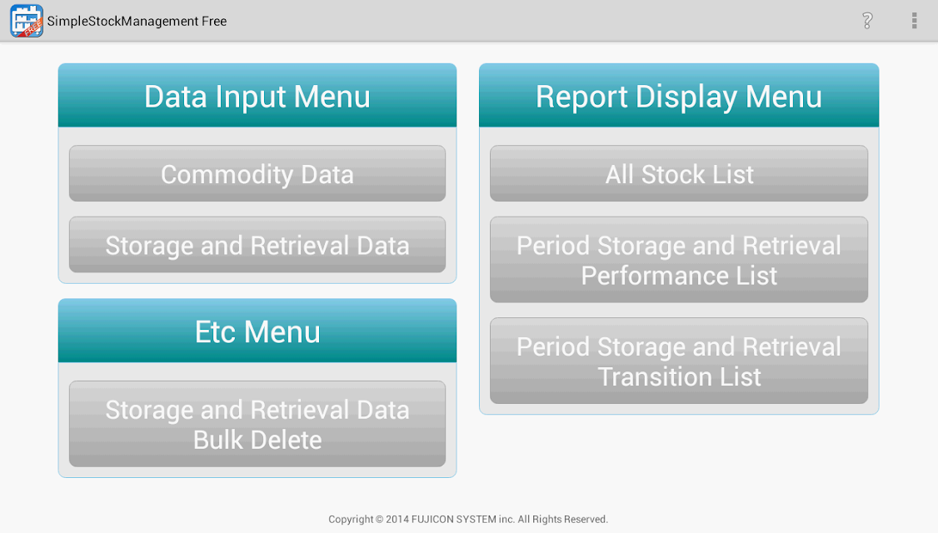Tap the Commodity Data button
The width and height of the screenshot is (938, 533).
[257, 173]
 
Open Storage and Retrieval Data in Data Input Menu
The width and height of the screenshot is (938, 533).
[257, 245]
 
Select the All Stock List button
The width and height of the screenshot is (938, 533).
[679, 173]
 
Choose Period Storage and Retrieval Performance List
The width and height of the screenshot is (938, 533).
[679, 260]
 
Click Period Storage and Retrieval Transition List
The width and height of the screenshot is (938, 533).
[679, 361]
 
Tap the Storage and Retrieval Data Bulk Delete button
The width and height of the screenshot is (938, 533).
[257, 424]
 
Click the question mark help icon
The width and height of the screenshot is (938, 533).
[867, 21]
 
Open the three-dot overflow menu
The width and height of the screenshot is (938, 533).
[914, 21]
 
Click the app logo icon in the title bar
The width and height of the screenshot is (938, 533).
[27, 20]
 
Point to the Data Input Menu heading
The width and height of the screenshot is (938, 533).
[257, 97]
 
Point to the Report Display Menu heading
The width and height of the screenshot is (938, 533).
[679, 97]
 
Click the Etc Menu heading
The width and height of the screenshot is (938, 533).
[257, 332]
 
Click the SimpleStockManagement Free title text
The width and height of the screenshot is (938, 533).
[137, 22]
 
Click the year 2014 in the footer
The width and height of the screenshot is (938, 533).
[397, 519]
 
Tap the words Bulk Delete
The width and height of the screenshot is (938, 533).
[257, 440]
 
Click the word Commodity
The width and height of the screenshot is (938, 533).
[227, 175]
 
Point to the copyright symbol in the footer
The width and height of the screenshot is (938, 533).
[379, 519]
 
